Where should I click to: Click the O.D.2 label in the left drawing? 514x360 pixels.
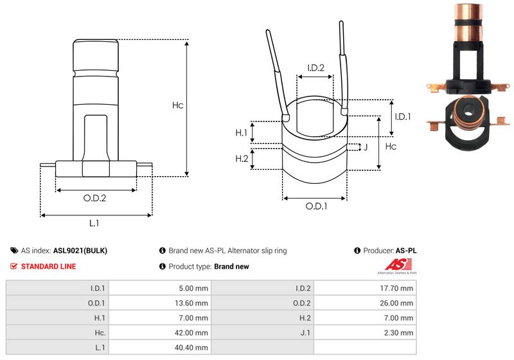pos(94,198)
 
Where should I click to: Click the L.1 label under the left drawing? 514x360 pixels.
pos(94,223)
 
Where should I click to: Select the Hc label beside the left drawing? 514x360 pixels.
pos(178,105)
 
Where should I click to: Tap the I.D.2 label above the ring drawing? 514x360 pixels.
pos(315,67)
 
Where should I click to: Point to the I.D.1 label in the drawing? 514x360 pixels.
pos(403,116)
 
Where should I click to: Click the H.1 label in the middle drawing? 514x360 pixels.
pos(241,132)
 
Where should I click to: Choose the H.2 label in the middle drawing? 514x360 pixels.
pos(241,159)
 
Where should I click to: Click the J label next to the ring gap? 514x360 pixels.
pos(365,147)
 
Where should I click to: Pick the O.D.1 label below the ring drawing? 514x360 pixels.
pos(316,206)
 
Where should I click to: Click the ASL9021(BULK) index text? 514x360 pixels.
pos(80,251)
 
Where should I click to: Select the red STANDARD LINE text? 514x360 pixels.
pos(48,266)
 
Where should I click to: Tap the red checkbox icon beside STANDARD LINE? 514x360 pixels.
pos(14,266)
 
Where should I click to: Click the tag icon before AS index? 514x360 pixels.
pos(14,251)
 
